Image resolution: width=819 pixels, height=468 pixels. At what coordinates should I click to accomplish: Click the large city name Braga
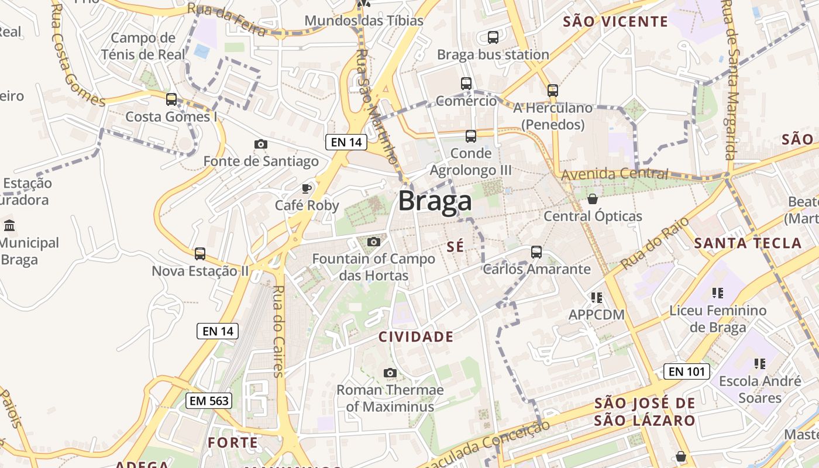435,201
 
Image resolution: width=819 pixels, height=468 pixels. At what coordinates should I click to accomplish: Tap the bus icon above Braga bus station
493,37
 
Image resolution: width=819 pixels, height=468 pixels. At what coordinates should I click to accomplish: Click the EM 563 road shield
209,401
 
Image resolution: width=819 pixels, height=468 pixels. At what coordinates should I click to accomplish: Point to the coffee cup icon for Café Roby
306,188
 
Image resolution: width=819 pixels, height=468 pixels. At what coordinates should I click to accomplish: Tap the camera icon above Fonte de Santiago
261,144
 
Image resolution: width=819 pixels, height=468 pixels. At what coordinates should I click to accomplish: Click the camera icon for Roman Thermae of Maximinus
390,373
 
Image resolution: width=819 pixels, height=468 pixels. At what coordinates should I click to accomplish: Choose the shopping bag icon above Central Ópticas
593,199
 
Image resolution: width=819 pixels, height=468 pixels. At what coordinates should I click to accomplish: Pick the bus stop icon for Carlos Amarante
536,252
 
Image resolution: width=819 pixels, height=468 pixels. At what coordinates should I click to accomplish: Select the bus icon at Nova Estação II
200,254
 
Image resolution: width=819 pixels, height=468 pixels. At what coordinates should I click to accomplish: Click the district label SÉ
455,247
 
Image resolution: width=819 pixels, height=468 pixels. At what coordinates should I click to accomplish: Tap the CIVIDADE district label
416,337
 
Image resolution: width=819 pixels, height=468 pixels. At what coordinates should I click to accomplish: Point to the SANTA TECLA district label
748,243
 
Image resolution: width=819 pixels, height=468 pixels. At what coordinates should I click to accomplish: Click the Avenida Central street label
614,174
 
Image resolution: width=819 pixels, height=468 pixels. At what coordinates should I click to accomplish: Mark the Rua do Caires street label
278,331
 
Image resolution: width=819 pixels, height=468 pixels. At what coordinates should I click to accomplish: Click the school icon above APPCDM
597,298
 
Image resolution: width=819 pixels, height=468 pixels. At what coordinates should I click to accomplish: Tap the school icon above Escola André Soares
760,364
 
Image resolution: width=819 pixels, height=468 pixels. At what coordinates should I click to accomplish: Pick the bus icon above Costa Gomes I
171,99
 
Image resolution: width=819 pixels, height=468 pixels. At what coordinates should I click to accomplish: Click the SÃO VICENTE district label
615,22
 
